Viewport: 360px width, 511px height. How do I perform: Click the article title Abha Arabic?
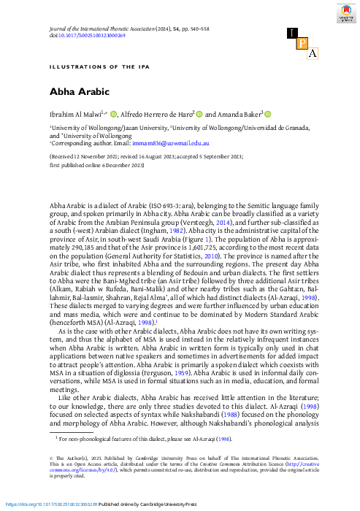click(79, 93)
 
